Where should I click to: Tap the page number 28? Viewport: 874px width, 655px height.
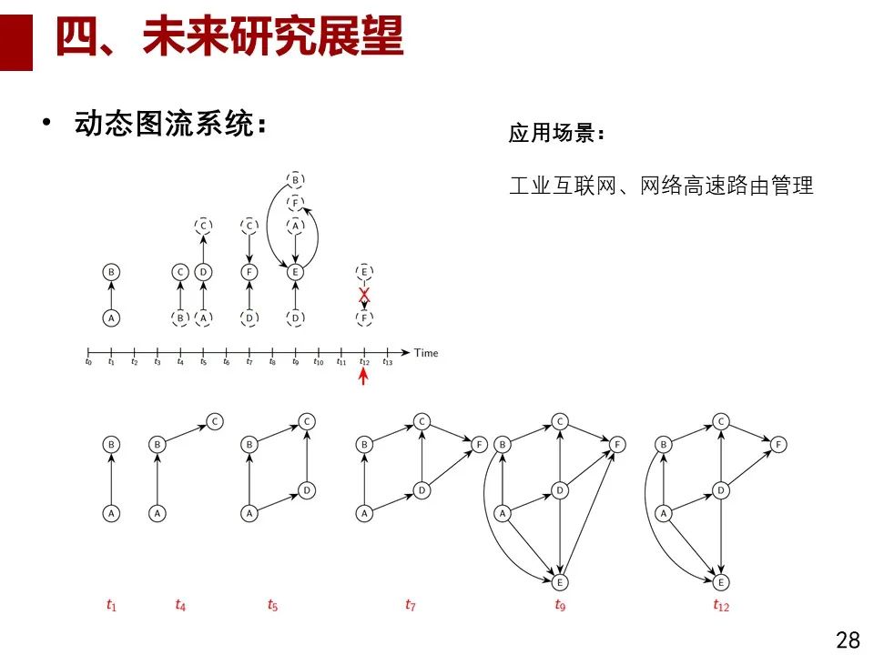click(x=847, y=640)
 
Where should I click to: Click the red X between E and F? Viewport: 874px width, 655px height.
click(x=364, y=295)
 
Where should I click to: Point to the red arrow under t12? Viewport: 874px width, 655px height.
click(x=364, y=376)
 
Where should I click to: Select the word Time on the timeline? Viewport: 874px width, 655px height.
click(x=425, y=352)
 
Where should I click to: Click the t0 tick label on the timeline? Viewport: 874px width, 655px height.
click(x=88, y=362)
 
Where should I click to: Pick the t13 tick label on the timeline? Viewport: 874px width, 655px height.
click(x=388, y=362)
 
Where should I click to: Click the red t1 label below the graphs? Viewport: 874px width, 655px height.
click(x=111, y=604)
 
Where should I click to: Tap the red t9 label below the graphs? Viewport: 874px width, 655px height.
click(x=560, y=604)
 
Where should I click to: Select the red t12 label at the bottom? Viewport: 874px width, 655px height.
click(x=721, y=604)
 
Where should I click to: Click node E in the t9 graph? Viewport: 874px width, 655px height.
click(x=560, y=581)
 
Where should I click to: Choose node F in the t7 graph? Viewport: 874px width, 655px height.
click(x=480, y=445)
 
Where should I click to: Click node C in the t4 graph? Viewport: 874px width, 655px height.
click(x=214, y=421)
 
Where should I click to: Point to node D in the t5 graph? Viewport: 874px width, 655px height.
click(x=307, y=490)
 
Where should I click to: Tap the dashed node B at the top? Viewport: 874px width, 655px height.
click(x=295, y=179)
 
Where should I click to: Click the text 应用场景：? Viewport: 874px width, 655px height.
click(x=556, y=135)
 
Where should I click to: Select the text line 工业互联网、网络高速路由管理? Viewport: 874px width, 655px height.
click(x=660, y=186)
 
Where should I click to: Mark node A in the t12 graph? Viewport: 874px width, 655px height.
click(x=664, y=513)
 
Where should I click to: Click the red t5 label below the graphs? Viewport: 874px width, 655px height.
click(x=272, y=604)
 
